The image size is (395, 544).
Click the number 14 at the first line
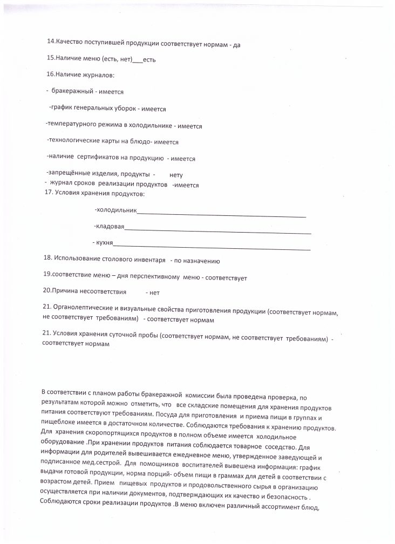coord(51,45)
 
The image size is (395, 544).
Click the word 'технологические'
coord(73,142)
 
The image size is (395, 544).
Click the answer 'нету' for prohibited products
coord(176,175)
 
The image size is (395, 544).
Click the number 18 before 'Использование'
coord(47,260)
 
